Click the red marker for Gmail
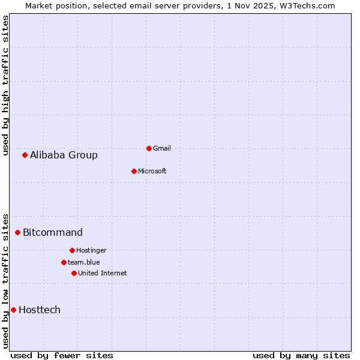tap(149, 148)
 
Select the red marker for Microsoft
tap(134, 171)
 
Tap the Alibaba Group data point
tap(25, 155)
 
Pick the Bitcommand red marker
tap(17, 232)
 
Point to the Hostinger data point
tap(72, 250)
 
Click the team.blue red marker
tap(64, 262)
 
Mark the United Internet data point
tap(74, 273)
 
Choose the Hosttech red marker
tap(13, 310)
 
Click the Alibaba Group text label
tap(64, 155)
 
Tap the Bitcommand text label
tap(53, 232)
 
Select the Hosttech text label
tap(40, 310)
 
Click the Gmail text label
tap(162, 148)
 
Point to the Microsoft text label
tap(152, 171)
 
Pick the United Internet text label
tap(103, 273)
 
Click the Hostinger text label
tap(91, 250)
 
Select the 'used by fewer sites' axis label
tap(62, 355)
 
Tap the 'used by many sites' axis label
tap(301, 355)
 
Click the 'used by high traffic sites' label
tap(5, 85)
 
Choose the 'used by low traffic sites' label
tap(5, 280)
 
